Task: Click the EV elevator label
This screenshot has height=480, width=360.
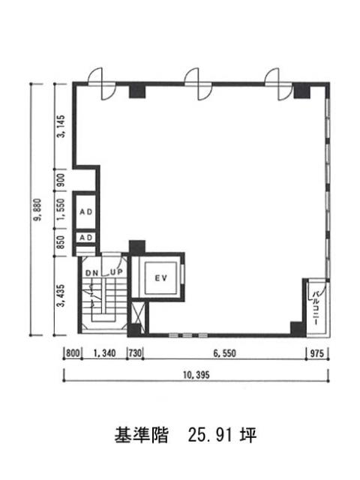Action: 161,278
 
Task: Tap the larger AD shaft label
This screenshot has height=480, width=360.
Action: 86,211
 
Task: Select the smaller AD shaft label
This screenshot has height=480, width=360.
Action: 86,238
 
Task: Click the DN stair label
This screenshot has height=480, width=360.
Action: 91,273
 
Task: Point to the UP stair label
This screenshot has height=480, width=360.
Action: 116,271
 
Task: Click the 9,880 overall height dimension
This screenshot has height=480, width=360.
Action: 39,210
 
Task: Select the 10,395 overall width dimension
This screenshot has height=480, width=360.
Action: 196,375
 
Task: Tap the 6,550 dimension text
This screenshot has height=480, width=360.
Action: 225,353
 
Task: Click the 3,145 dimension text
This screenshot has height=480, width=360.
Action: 61,126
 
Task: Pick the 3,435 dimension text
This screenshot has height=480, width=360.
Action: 61,295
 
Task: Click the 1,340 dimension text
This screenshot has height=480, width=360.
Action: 104,353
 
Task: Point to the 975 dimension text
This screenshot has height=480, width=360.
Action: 316,353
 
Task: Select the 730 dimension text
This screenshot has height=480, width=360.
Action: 135,353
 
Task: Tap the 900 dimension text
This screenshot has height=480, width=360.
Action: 61,180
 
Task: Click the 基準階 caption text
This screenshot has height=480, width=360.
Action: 142,435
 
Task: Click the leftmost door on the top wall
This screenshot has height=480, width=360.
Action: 102,84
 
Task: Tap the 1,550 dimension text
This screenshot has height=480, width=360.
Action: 61,209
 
